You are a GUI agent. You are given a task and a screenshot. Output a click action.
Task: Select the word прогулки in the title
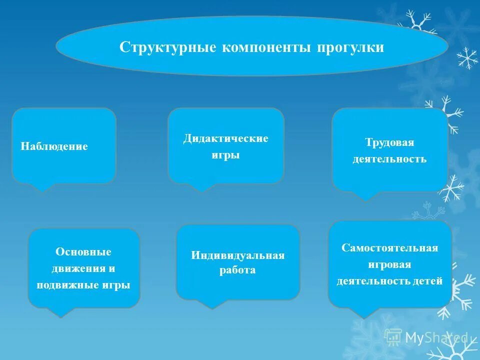click(350, 47)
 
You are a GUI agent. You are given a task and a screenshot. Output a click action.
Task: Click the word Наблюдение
click(54, 146)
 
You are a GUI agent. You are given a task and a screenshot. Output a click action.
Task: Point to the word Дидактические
click(225, 138)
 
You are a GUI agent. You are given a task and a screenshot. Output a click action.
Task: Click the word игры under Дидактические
click(225, 155)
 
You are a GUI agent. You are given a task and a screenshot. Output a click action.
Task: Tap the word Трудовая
click(389, 143)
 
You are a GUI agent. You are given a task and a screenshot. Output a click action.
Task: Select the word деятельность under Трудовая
click(389, 159)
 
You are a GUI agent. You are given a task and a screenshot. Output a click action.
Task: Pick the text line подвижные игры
click(83, 285)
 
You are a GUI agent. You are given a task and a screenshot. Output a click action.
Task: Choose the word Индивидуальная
click(237, 255)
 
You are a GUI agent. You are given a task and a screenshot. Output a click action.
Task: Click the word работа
click(237, 270)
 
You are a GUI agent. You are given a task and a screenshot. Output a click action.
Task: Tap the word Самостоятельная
click(389, 248)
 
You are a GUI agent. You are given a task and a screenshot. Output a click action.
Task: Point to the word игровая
click(389, 264)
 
